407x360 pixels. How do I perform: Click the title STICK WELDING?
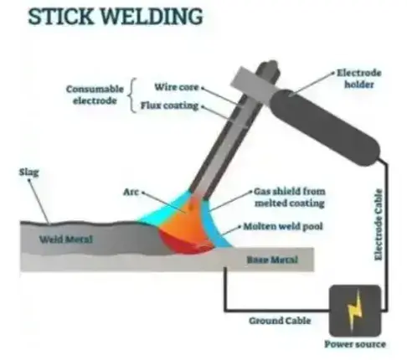click(x=116, y=17)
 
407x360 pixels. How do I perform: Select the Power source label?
click(x=355, y=344)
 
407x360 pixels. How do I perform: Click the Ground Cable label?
click(x=280, y=321)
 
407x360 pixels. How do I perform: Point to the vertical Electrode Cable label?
click(x=378, y=224)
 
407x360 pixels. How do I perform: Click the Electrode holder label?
click(x=358, y=79)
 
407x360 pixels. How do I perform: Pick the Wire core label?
click(x=177, y=87)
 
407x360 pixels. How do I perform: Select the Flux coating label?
click(x=169, y=105)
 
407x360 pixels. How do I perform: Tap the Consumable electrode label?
click(x=95, y=95)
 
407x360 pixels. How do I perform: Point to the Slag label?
click(x=29, y=172)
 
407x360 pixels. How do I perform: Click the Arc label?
click(x=131, y=192)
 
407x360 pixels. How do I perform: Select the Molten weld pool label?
click(x=283, y=226)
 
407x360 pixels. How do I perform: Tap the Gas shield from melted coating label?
click(x=290, y=198)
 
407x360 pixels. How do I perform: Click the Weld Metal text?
click(x=66, y=239)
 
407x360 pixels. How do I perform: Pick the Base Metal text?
click(x=272, y=260)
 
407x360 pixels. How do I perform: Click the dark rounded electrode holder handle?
click(x=324, y=127)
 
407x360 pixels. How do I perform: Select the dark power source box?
click(x=355, y=311)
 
